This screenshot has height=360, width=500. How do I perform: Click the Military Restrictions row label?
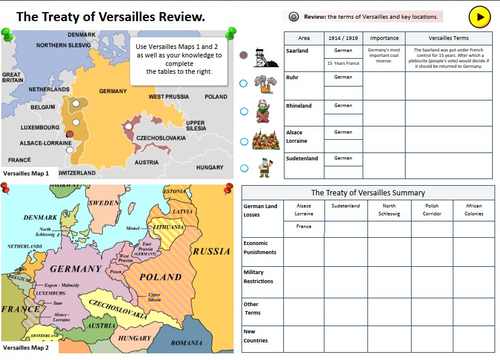[x=262, y=277]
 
